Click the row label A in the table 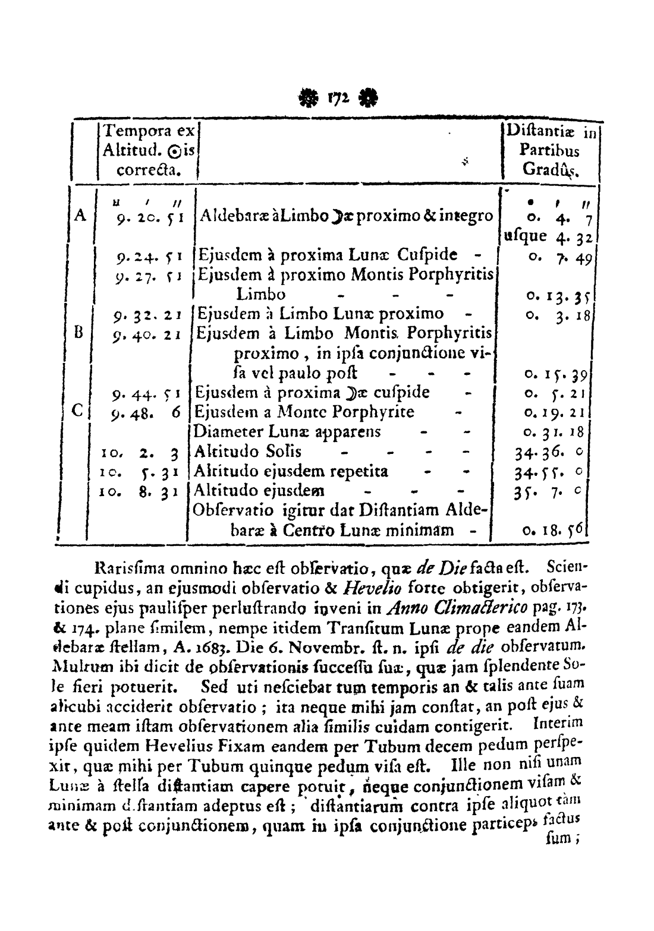[79, 214]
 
